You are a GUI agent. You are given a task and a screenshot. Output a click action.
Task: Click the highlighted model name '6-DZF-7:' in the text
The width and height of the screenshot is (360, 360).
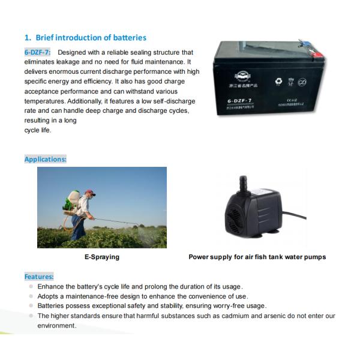point(37,53)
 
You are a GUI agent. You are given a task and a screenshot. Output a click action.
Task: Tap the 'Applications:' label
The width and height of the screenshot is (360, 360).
point(45,159)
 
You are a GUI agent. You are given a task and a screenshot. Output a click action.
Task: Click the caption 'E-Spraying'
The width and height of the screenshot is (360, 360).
point(101,257)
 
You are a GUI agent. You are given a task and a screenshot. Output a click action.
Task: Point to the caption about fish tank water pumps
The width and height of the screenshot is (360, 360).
point(257,257)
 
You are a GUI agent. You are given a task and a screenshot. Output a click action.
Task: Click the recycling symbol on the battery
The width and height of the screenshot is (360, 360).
point(277,80)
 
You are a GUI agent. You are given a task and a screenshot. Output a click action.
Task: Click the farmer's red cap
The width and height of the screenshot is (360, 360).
point(90,193)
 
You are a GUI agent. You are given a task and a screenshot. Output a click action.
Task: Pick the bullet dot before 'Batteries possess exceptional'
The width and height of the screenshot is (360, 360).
point(31,305)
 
